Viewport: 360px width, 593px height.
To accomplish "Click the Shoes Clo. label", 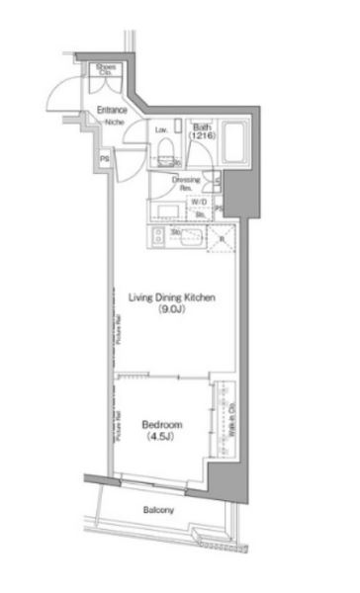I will [x=104, y=70].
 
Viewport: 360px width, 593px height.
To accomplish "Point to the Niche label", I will [x=115, y=122].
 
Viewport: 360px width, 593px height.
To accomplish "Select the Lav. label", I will [x=160, y=129].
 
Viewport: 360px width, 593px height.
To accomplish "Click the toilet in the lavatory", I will [x=167, y=147].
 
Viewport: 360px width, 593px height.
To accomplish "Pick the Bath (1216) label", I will [x=203, y=130].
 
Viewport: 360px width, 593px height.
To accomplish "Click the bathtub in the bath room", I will [x=236, y=146].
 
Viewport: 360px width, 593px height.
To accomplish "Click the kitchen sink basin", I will [x=189, y=236].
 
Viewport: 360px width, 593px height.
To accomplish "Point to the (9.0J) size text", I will [x=171, y=310].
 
